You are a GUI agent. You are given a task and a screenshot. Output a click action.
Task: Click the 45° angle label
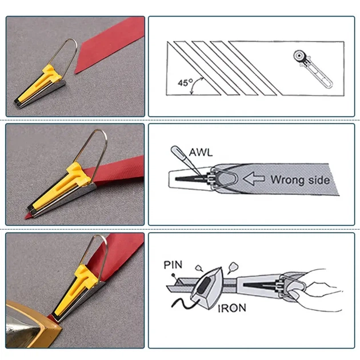point(186,83)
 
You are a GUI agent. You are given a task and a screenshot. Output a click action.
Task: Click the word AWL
point(201,152)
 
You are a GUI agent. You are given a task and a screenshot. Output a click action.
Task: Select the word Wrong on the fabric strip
point(288,179)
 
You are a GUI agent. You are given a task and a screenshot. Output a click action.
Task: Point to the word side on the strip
point(319,180)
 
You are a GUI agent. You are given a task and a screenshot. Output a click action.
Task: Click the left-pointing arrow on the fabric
point(254,179)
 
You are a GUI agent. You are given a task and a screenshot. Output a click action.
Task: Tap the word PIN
point(173,265)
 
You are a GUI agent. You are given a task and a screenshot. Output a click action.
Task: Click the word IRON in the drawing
point(232,308)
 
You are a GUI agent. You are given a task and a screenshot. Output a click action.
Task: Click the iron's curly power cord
point(183,303)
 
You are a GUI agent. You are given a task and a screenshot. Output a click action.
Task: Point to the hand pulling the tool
point(319,290)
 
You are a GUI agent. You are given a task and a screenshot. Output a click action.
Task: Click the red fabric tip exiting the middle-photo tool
point(28,215)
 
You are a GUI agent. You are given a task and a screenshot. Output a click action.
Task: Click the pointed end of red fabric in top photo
point(75,73)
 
